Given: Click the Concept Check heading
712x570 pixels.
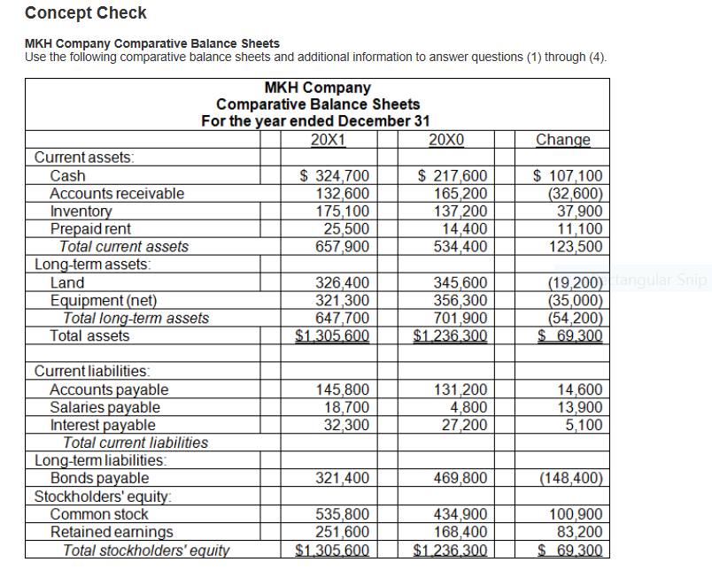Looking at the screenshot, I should coord(86,13).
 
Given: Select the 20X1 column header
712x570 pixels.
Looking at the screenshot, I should coord(329,140).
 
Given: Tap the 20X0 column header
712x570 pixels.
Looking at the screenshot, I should coord(445,140).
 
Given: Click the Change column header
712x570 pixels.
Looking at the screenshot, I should coord(562,140).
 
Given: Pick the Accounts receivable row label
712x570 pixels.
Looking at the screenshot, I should coord(117,193).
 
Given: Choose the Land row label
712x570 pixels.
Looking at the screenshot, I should coord(67,282).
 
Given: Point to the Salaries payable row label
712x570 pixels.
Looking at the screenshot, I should coord(104,407).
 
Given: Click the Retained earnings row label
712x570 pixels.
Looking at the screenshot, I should coord(112,532).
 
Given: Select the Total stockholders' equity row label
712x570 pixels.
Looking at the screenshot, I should coord(146,550).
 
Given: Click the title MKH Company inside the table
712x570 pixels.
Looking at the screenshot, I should coord(317,88).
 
